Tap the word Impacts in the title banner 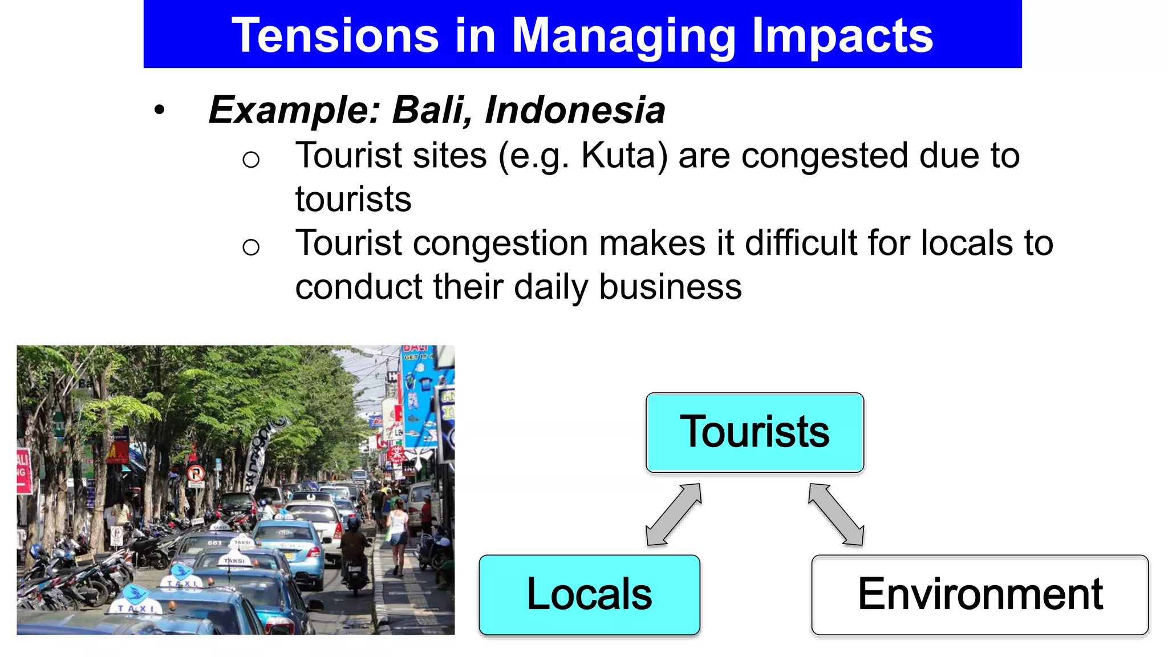(x=842, y=35)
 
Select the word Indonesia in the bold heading (x=575, y=109)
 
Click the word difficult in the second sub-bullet (x=801, y=243)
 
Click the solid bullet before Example (x=159, y=110)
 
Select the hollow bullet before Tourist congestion (x=250, y=247)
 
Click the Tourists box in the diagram (x=755, y=432)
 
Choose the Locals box (x=589, y=594)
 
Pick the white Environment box (x=979, y=594)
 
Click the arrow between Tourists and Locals (x=674, y=514)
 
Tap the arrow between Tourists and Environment (x=836, y=514)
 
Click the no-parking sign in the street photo (x=196, y=473)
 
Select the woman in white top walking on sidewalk (x=398, y=533)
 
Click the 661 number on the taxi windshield (x=214, y=543)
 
